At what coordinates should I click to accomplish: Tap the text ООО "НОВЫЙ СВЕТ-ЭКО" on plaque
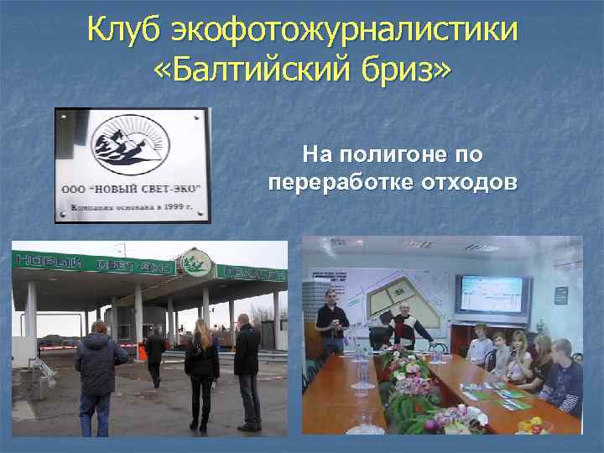coord(131,190)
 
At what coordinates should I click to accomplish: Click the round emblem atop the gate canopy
coord(195,262)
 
